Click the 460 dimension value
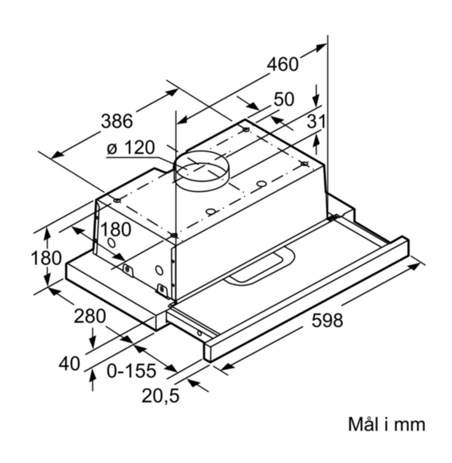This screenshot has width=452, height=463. point(282,64)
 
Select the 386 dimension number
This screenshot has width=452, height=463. point(117,121)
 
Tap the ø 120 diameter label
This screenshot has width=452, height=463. point(131,148)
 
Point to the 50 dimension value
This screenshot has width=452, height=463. point(284,99)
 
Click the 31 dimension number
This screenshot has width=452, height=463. point(316,122)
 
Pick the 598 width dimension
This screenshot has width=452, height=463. point(328,320)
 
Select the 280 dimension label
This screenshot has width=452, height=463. point(90,316)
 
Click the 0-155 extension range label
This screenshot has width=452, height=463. point(131,371)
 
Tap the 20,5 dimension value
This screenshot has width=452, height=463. point(161,395)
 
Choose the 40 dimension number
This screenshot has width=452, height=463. point(69,363)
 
